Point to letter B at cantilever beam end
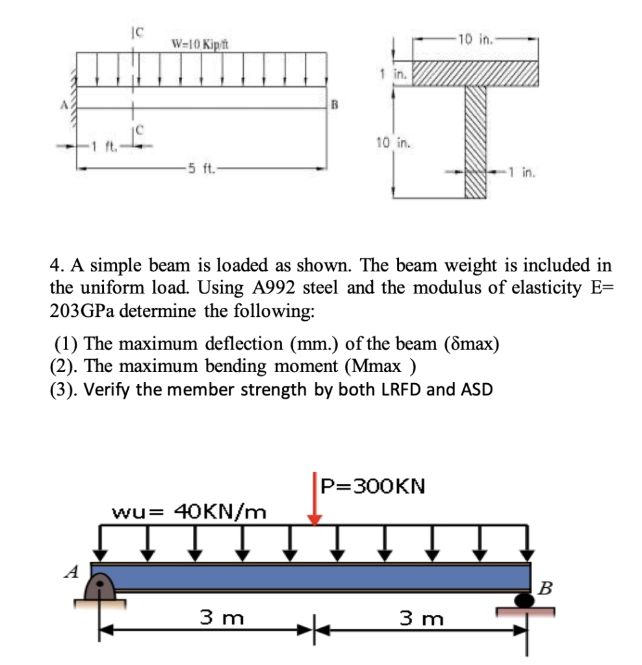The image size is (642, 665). pos(336,104)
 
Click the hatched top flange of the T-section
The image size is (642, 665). pos(475,74)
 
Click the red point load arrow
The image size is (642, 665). pos(315,500)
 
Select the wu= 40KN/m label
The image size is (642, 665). pos(189,512)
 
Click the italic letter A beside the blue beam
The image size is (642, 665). pos(73,572)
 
